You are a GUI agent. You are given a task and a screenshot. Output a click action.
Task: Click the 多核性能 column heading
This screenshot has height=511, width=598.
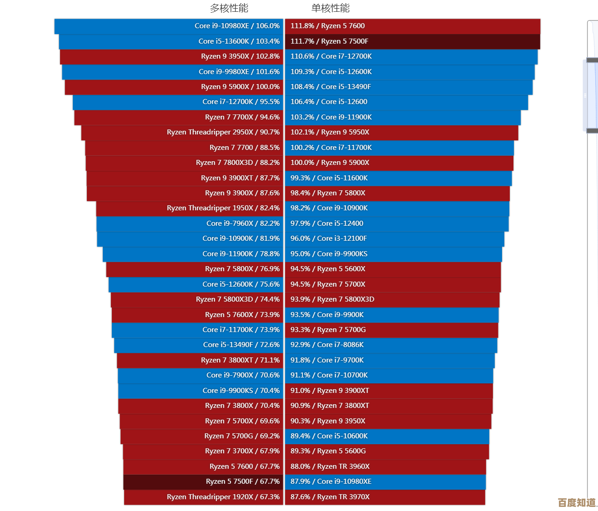tap(229, 8)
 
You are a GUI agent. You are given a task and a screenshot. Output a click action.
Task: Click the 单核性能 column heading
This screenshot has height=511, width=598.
tap(330, 8)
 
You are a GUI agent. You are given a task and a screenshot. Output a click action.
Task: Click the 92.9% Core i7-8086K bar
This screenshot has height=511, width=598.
tap(391, 345)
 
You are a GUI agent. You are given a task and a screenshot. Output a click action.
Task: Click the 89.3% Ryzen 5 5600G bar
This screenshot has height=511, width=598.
tap(387, 451)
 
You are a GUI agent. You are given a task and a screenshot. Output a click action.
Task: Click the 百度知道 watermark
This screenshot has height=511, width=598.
tap(577, 502)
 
